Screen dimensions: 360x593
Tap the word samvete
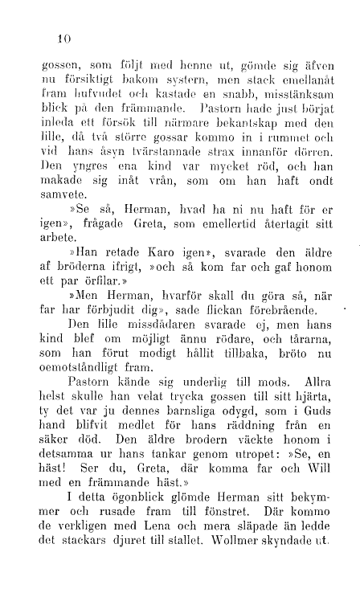point(62,193)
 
